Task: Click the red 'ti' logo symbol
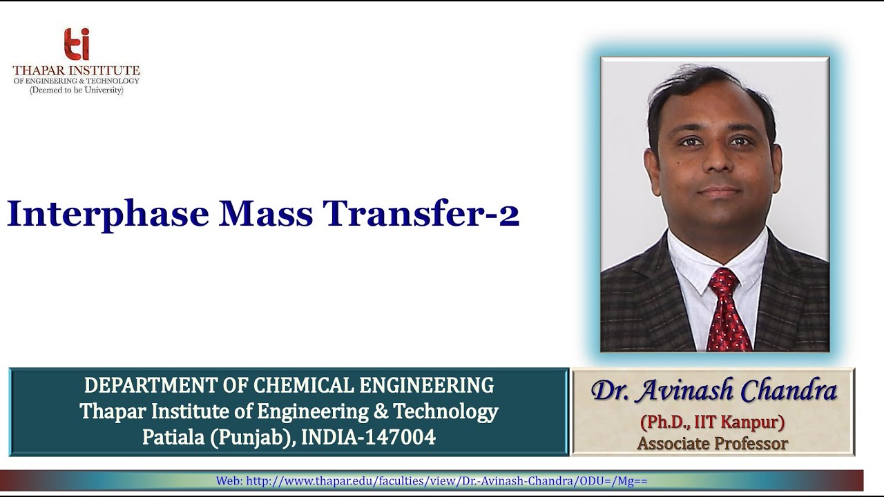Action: click(77, 45)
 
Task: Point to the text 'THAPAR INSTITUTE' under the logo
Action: click(76, 70)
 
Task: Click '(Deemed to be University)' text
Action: click(76, 90)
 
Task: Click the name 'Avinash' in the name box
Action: click(684, 391)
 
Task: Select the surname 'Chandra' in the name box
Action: click(789, 391)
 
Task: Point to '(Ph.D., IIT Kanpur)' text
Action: click(712, 421)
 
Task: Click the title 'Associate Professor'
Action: click(712, 443)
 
